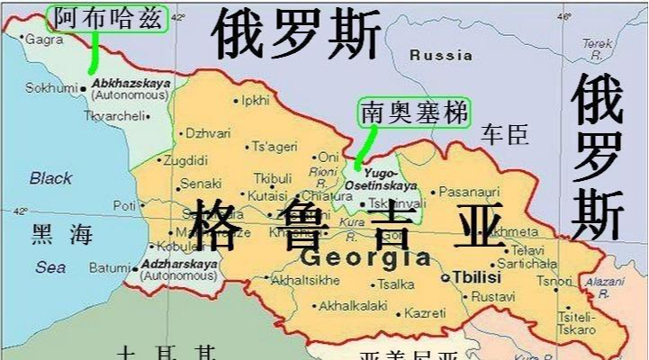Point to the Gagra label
44,40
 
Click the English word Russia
440,55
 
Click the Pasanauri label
469,191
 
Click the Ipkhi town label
256,100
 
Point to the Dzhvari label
207,133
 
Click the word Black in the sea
50,178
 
